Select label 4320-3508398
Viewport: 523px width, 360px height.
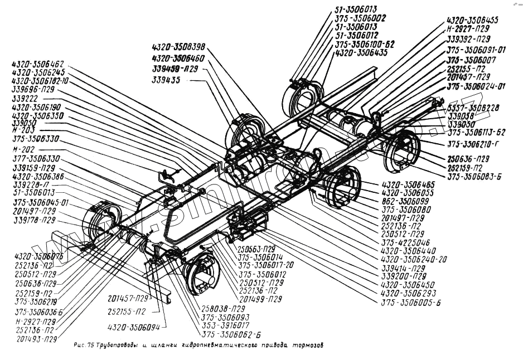(178, 47)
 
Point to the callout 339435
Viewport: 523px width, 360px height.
(168, 81)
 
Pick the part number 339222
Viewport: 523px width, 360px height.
(25, 98)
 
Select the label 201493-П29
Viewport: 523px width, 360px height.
(37, 338)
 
